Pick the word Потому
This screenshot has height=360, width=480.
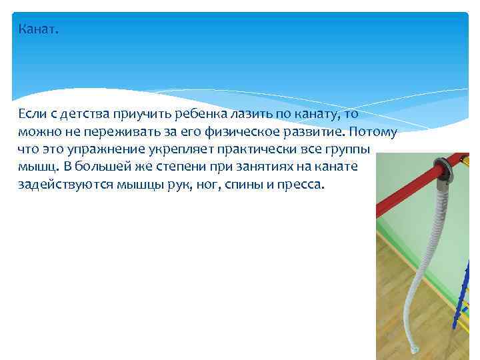[373, 132]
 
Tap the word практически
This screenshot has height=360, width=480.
[250, 149]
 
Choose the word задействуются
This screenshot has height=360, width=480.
[61, 185]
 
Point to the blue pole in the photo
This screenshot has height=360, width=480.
[460, 293]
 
